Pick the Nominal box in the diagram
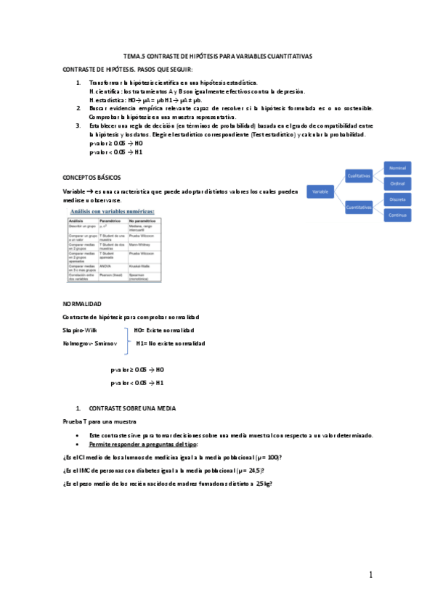[397, 168]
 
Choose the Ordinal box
[397, 183]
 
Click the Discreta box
[397, 199]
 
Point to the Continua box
[397, 215]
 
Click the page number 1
[370, 575]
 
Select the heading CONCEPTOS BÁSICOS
[92, 177]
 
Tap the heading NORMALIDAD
[82, 303]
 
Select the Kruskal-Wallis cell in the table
[140, 266]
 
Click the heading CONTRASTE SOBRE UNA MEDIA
[131, 408]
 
